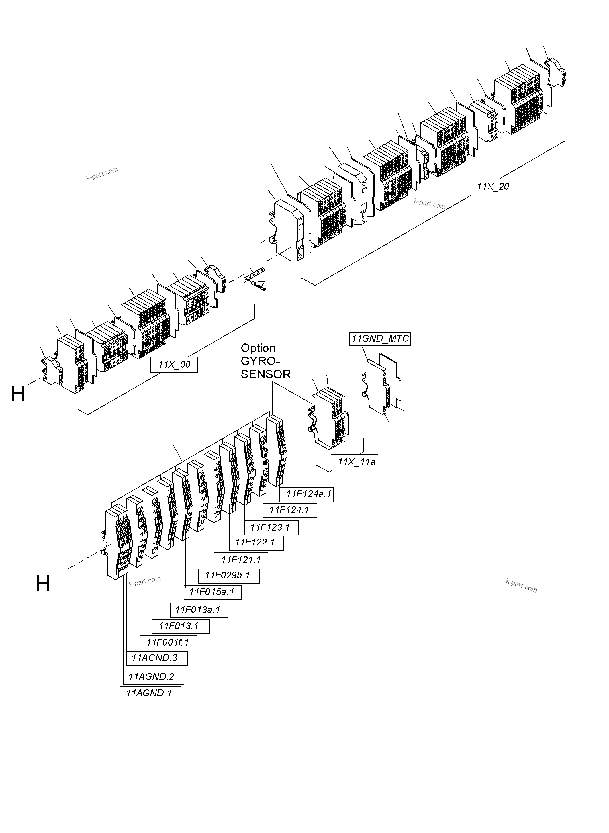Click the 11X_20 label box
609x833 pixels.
tap(493, 187)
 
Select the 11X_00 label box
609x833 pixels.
tap(174, 365)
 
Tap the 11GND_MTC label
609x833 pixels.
tap(380, 339)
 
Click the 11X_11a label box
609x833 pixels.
tap(354, 462)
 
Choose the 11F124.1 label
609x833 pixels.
tap(289, 510)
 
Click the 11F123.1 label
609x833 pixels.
tap(271, 528)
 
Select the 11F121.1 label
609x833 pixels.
tap(241, 560)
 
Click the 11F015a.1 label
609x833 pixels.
tap(213, 592)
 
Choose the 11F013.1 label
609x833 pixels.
tap(180, 626)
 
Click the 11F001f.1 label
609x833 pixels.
tap(168, 643)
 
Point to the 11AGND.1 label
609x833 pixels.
tap(150, 693)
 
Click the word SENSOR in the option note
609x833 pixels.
tap(265, 375)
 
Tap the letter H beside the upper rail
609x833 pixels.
tap(18, 394)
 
